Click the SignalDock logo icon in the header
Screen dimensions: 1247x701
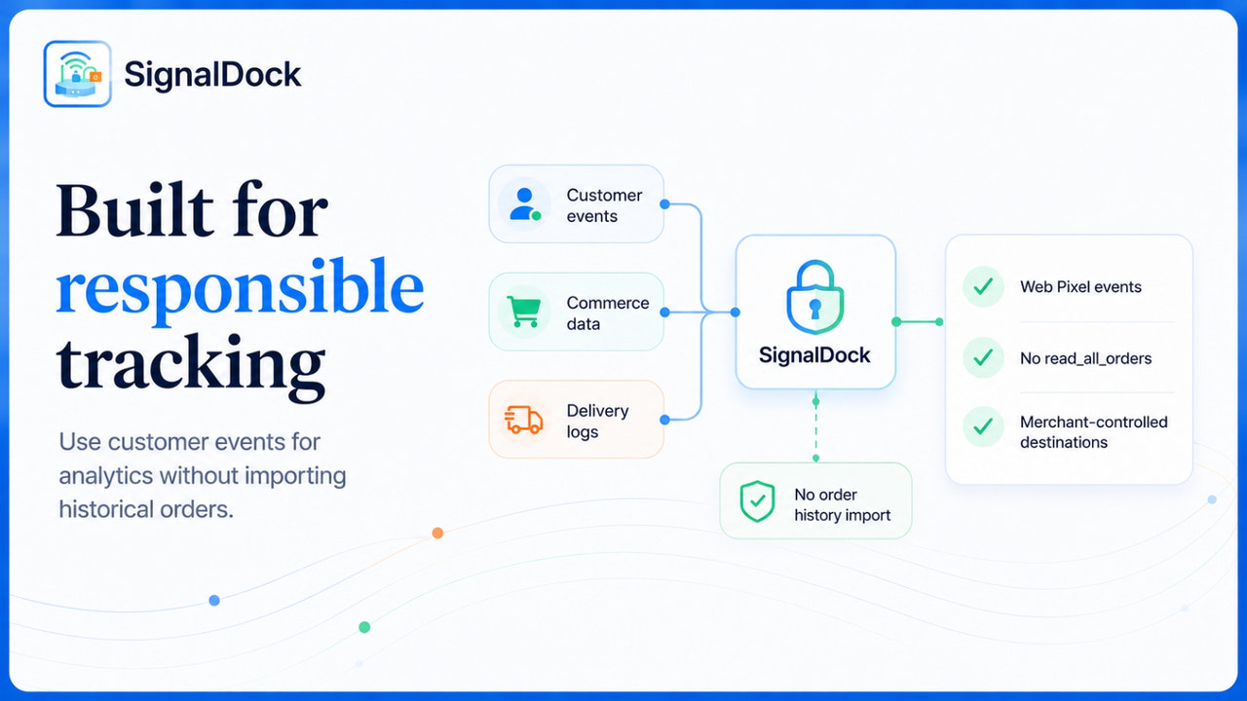[x=77, y=73]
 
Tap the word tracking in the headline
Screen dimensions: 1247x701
[x=191, y=367]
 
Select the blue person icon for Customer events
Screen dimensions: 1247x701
[x=524, y=203]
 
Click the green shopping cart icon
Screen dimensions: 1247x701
[x=524, y=312]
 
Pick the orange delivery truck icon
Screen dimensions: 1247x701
[x=523, y=420]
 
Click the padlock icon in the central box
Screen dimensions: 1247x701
[x=815, y=297]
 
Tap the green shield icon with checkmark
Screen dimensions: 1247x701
[x=757, y=501]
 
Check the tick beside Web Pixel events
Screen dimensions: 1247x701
[x=983, y=286]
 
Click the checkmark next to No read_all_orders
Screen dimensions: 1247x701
[x=983, y=357]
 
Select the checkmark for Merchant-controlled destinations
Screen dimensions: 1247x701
[x=983, y=426]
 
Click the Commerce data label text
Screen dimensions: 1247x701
[x=608, y=314]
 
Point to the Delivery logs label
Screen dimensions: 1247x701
[x=597, y=422]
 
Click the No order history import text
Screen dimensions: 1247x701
[x=843, y=504]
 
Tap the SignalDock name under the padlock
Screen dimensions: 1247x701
[x=814, y=355]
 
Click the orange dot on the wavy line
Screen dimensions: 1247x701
[x=437, y=533]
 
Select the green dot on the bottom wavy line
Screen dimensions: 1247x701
[x=364, y=627]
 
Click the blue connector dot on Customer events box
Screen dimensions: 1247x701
[x=664, y=204]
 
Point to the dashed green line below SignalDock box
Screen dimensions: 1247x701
[x=815, y=429]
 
